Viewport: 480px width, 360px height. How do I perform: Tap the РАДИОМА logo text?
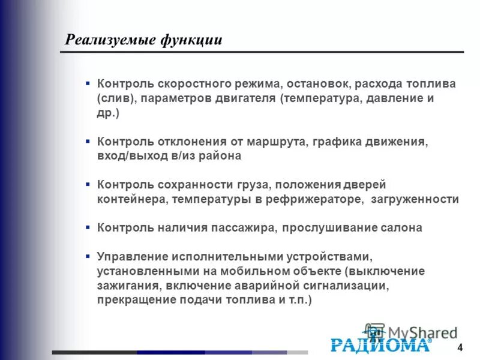pos(380,344)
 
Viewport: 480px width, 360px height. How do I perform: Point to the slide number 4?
pos(460,349)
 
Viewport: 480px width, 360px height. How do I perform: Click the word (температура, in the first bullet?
pos(319,97)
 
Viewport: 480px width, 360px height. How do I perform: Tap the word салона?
pos(401,228)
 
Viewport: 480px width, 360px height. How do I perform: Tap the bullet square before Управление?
pos(88,256)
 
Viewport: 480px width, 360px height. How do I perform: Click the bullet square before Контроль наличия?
pos(88,227)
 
